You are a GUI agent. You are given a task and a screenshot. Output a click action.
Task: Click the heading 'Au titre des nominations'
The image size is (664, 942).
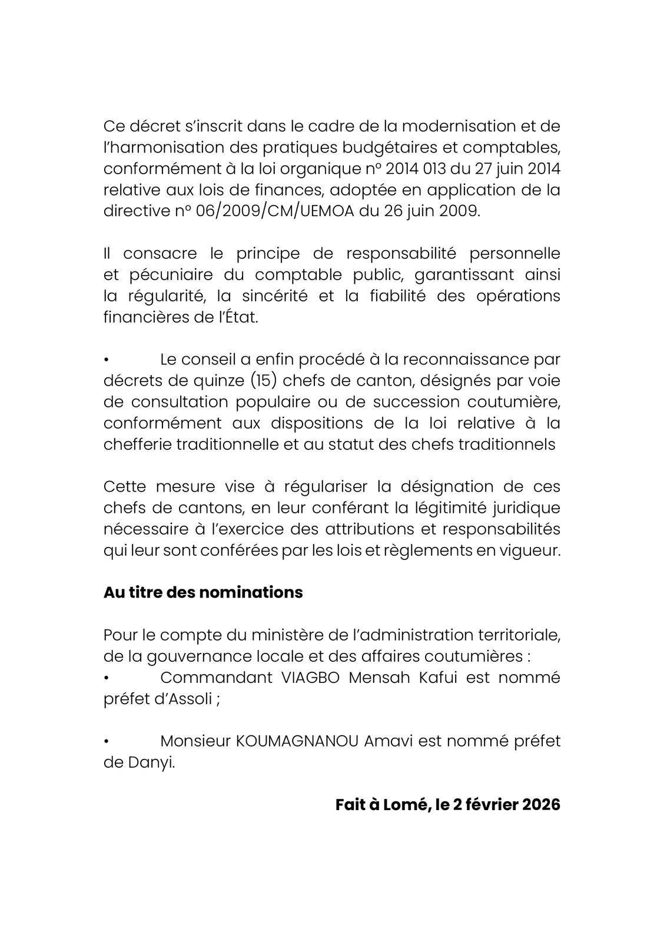pyautogui.click(x=203, y=592)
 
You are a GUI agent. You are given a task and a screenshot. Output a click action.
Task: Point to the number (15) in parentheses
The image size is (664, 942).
pyautogui.click(x=264, y=381)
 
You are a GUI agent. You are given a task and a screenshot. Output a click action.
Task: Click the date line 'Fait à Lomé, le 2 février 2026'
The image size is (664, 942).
pyautogui.click(x=447, y=805)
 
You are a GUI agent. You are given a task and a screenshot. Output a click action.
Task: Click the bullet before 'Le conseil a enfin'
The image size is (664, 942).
pyautogui.click(x=107, y=360)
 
